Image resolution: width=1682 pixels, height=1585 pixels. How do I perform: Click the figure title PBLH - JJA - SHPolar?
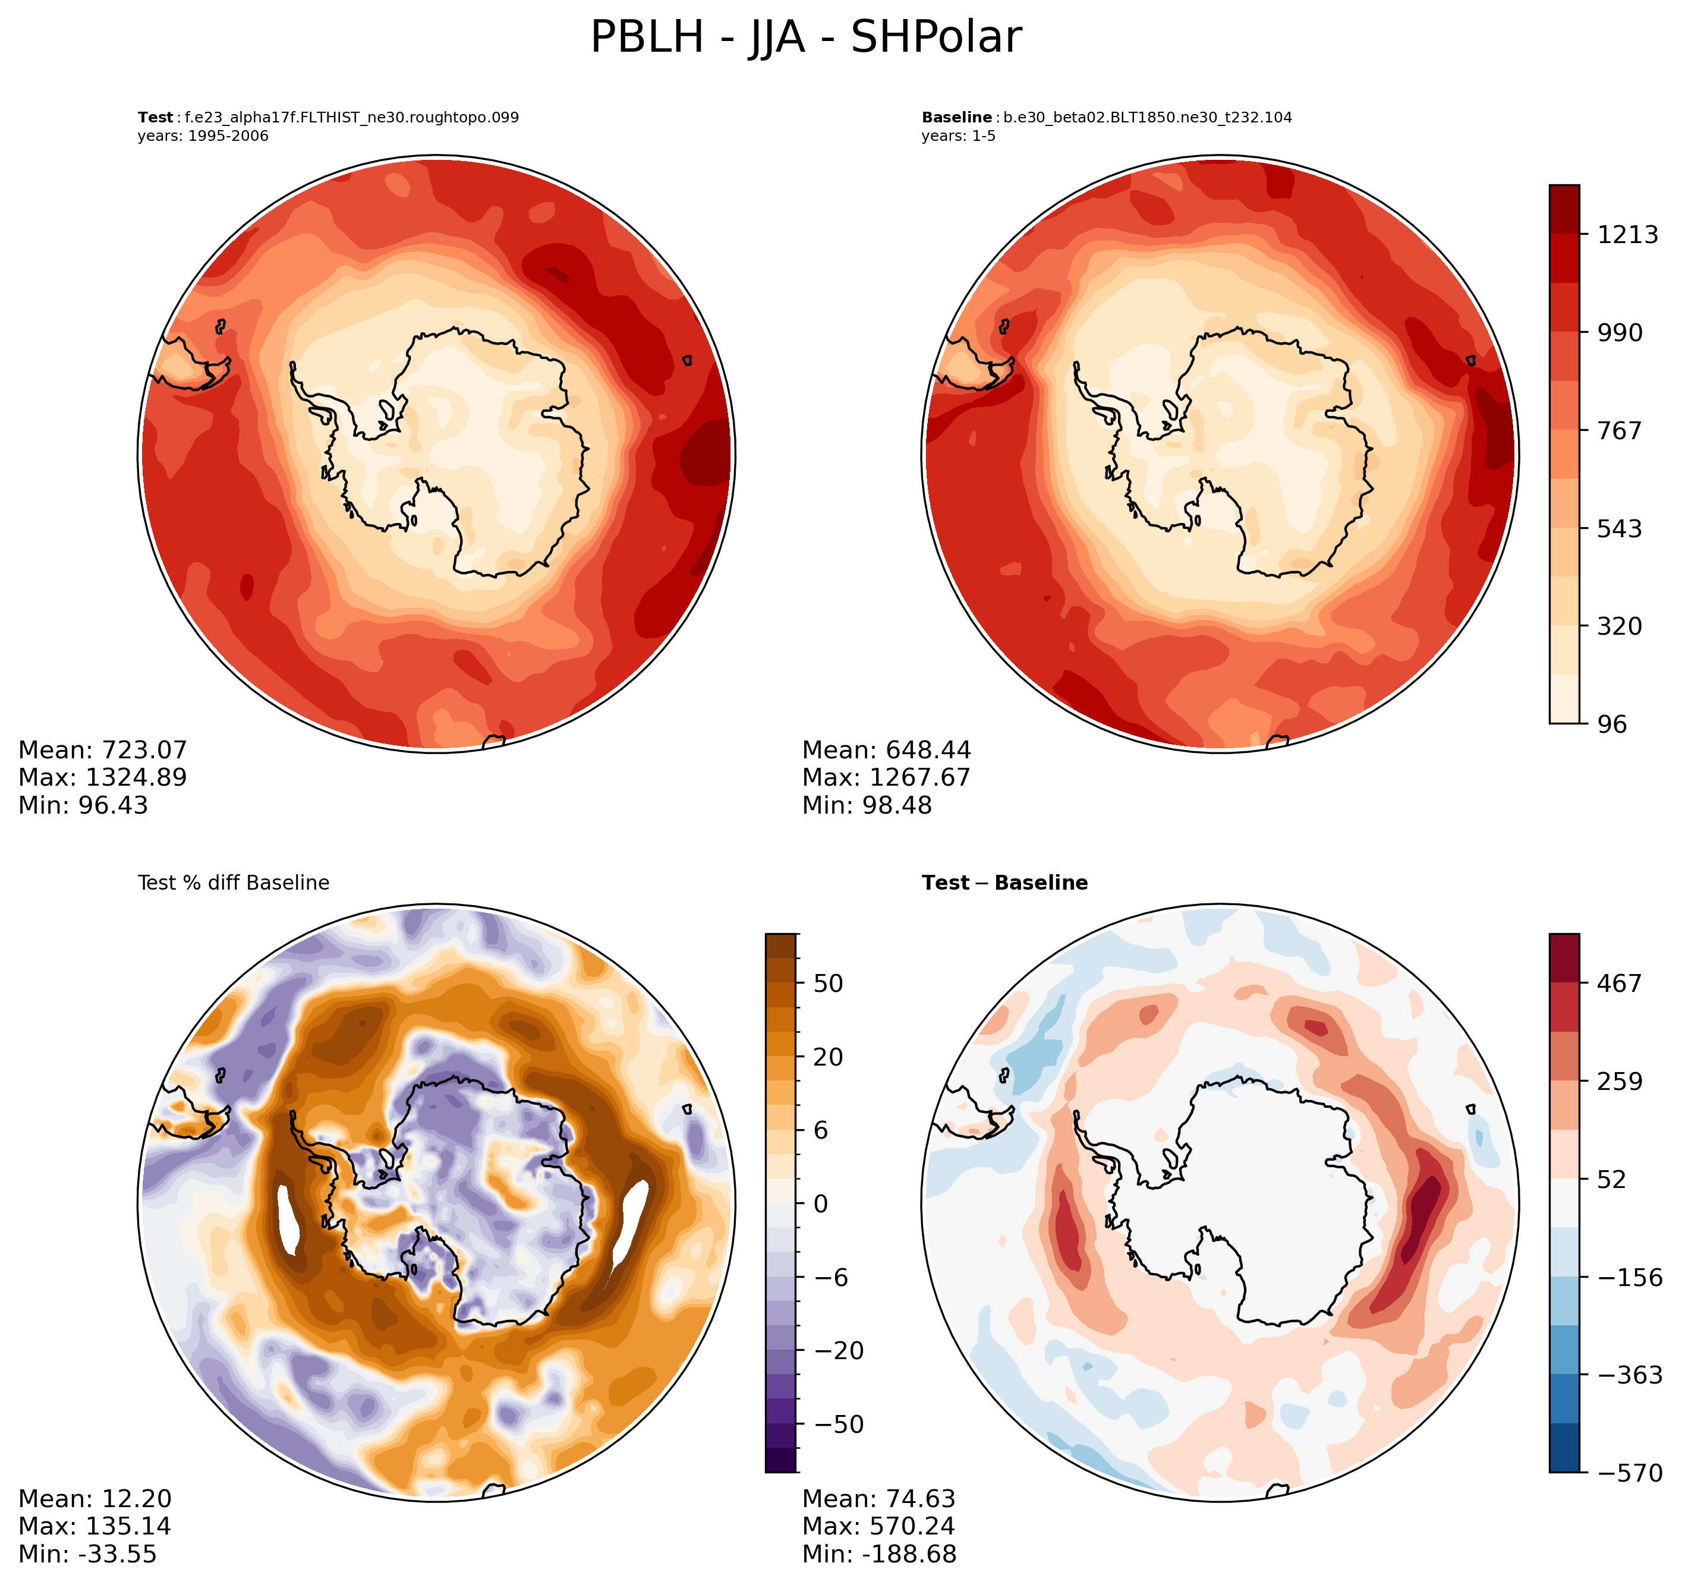click(x=805, y=38)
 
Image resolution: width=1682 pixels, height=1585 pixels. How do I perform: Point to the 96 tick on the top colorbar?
click(x=1612, y=724)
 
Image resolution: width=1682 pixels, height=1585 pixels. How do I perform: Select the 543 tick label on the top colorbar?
click(x=1618, y=529)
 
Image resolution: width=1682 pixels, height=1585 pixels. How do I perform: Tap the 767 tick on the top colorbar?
click(x=1618, y=431)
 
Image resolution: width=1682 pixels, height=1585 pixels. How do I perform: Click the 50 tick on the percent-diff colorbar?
click(x=827, y=984)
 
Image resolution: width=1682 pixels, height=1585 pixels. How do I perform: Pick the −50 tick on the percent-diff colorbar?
click(x=839, y=1424)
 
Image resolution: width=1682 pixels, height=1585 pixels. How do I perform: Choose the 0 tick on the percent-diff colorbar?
click(x=820, y=1204)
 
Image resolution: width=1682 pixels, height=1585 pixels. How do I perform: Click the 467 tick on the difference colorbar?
click(x=1618, y=984)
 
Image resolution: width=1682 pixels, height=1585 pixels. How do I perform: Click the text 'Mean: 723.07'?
click(x=102, y=751)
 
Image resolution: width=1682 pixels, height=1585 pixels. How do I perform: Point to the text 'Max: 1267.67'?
click(x=886, y=778)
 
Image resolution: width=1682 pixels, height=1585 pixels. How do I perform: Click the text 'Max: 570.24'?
click(x=878, y=1527)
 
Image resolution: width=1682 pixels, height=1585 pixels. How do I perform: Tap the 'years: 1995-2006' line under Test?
click(x=203, y=136)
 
